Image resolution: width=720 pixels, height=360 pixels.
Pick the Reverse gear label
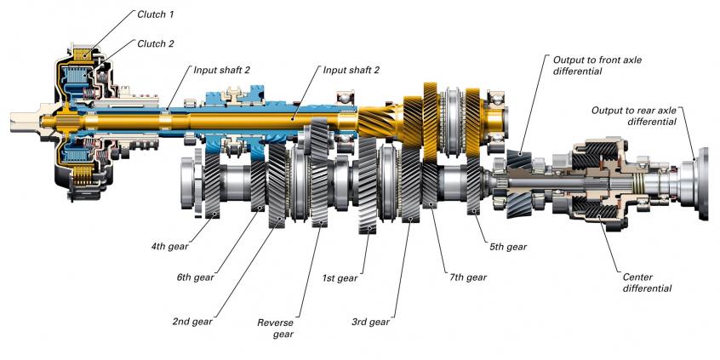(x=275, y=329)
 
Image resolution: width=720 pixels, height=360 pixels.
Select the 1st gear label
(x=340, y=277)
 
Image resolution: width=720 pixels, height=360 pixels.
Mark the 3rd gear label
(x=369, y=322)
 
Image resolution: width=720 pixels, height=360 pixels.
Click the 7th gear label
(x=466, y=277)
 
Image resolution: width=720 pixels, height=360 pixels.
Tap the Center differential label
(x=648, y=283)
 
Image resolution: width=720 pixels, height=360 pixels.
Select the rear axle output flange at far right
(x=707, y=183)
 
